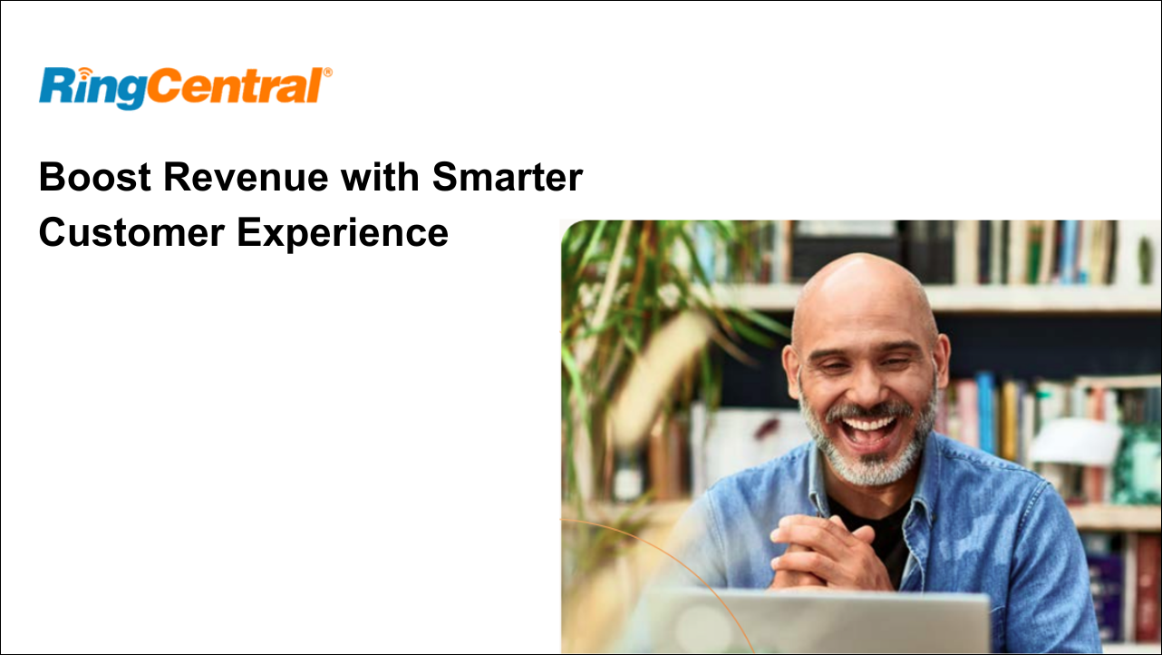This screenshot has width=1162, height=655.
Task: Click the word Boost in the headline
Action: coord(95,177)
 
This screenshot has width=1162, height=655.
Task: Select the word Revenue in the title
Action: coord(246,177)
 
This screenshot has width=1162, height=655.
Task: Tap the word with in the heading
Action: coord(380,177)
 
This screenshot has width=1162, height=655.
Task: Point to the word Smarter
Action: coord(508,177)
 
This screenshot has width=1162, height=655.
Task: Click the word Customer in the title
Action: coord(131,232)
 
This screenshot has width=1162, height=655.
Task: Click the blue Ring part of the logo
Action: coord(92,88)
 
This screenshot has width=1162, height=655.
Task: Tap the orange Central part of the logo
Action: coord(235,85)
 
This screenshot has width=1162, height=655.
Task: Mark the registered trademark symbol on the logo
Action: coord(328,73)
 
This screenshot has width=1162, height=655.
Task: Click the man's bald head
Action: coord(865,290)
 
